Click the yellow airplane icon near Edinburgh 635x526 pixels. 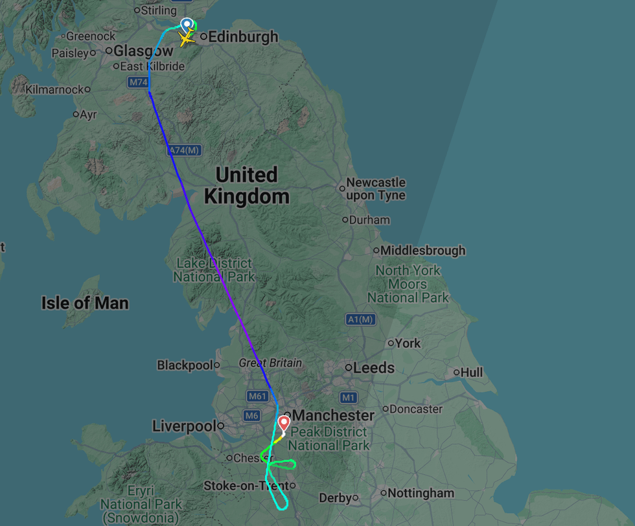pyautogui.click(x=187, y=39)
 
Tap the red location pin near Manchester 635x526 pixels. pyautogui.click(x=284, y=424)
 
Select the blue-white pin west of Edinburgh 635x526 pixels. pyautogui.click(x=187, y=25)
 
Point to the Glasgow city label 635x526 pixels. pyautogui.click(x=143, y=51)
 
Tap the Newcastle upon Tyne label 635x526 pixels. pyautogui.click(x=376, y=189)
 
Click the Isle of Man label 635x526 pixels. pyautogui.click(x=85, y=303)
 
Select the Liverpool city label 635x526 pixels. pyautogui.click(x=183, y=426)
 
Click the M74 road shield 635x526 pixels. pyautogui.click(x=138, y=82)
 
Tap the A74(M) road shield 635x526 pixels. pyautogui.click(x=185, y=150)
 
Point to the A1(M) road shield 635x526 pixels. pyautogui.click(x=360, y=319)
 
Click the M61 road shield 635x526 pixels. pyautogui.click(x=257, y=396)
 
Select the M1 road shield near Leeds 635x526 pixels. pyautogui.click(x=349, y=397)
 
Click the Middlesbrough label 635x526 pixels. pyautogui.click(x=423, y=250)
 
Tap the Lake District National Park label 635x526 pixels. pyautogui.click(x=214, y=270)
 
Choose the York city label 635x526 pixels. pyautogui.click(x=408, y=343)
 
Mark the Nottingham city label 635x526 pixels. pyautogui.click(x=421, y=493)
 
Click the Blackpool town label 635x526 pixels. pyautogui.click(x=185, y=365)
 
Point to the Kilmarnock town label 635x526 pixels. pyautogui.click(x=54, y=89)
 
